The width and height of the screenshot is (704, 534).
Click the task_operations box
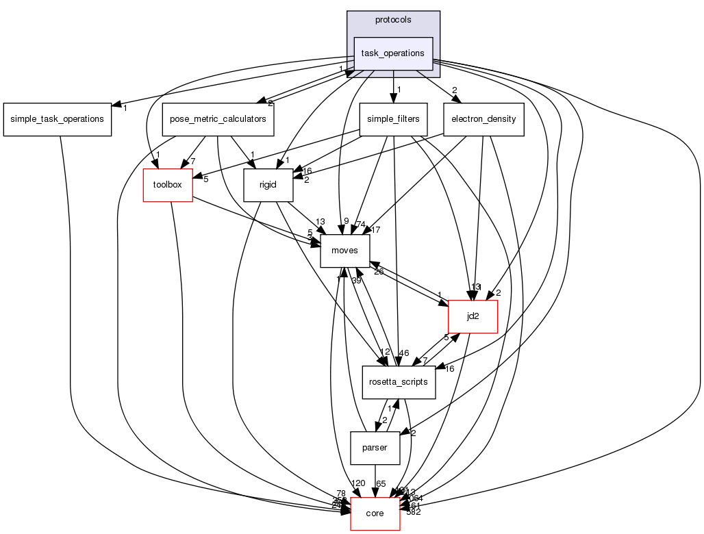coord(393,53)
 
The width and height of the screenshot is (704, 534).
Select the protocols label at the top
coord(393,20)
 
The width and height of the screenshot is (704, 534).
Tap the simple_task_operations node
coord(58,119)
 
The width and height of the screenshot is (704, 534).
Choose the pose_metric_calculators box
coord(218,119)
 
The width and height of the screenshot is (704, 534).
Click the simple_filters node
coord(393,119)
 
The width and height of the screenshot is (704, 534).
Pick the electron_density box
coord(483,119)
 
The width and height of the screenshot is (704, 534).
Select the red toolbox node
coord(167,185)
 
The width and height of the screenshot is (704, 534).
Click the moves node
coord(345,251)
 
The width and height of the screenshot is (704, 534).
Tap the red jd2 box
coord(473,316)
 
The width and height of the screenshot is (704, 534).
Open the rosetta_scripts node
coord(399,382)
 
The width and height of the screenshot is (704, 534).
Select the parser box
coord(375,448)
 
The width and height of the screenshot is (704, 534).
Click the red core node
coord(375,513)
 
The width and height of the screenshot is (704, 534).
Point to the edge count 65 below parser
coord(381,483)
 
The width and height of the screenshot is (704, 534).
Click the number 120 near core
coord(357,483)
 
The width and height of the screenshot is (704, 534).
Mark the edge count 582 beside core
coord(413,512)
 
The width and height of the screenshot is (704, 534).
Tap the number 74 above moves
coord(360,225)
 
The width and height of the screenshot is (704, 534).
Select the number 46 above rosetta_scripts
coord(404,353)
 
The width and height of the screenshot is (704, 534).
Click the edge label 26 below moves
coord(377,272)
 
